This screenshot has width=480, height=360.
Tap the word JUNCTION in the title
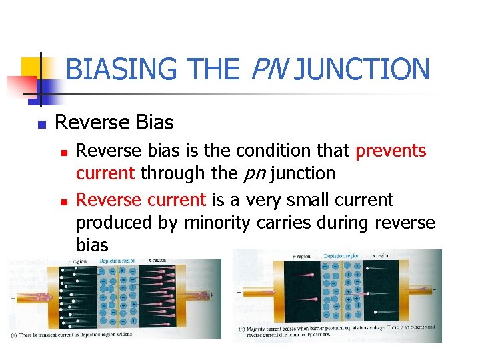pyautogui.click(x=361, y=69)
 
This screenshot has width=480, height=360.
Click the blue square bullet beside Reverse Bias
pyautogui.click(x=41, y=124)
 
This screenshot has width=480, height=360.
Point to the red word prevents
pyautogui.click(x=391, y=151)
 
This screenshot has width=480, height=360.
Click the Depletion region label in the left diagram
pyautogui.click(x=119, y=261)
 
